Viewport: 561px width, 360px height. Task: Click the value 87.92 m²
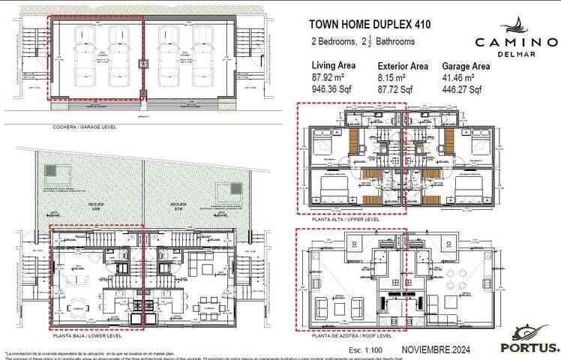[328, 77]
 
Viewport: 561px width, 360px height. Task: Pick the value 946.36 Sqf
[332, 89]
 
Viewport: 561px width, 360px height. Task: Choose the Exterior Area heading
[403, 66]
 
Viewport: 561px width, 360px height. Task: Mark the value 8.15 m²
[392, 77]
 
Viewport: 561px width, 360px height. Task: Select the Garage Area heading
[466, 66]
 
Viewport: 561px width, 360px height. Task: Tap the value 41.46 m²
[460, 77]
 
